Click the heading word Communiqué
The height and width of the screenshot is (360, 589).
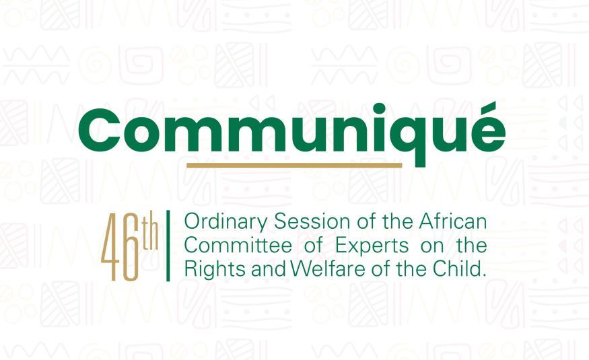pyautogui.click(x=293, y=132)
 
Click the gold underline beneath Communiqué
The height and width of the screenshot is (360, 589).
pyautogui.click(x=293, y=165)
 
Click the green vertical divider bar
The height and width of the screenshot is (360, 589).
pyautogui.click(x=167, y=246)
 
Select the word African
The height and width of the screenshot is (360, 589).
pyautogui.click(x=459, y=221)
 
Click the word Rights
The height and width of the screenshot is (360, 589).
pyautogui.click(x=205, y=270)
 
